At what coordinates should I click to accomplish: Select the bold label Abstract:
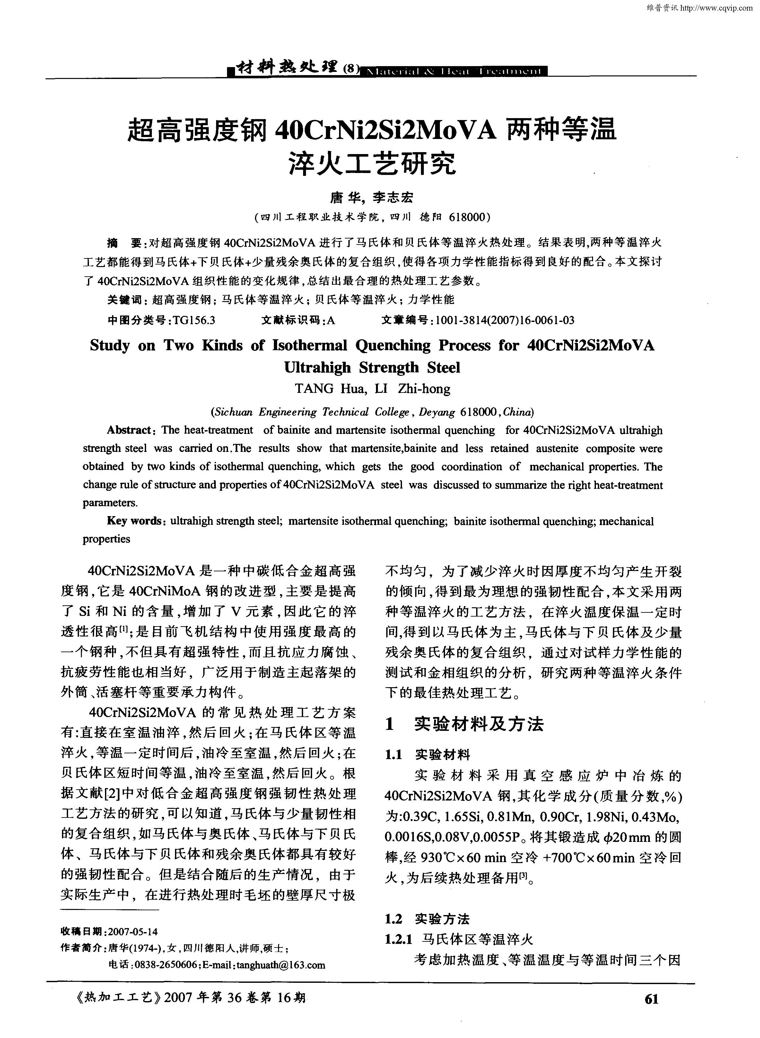(x=129, y=430)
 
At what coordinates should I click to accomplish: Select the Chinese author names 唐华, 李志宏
(x=372, y=197)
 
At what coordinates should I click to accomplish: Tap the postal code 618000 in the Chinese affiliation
(x=467, y=217)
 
